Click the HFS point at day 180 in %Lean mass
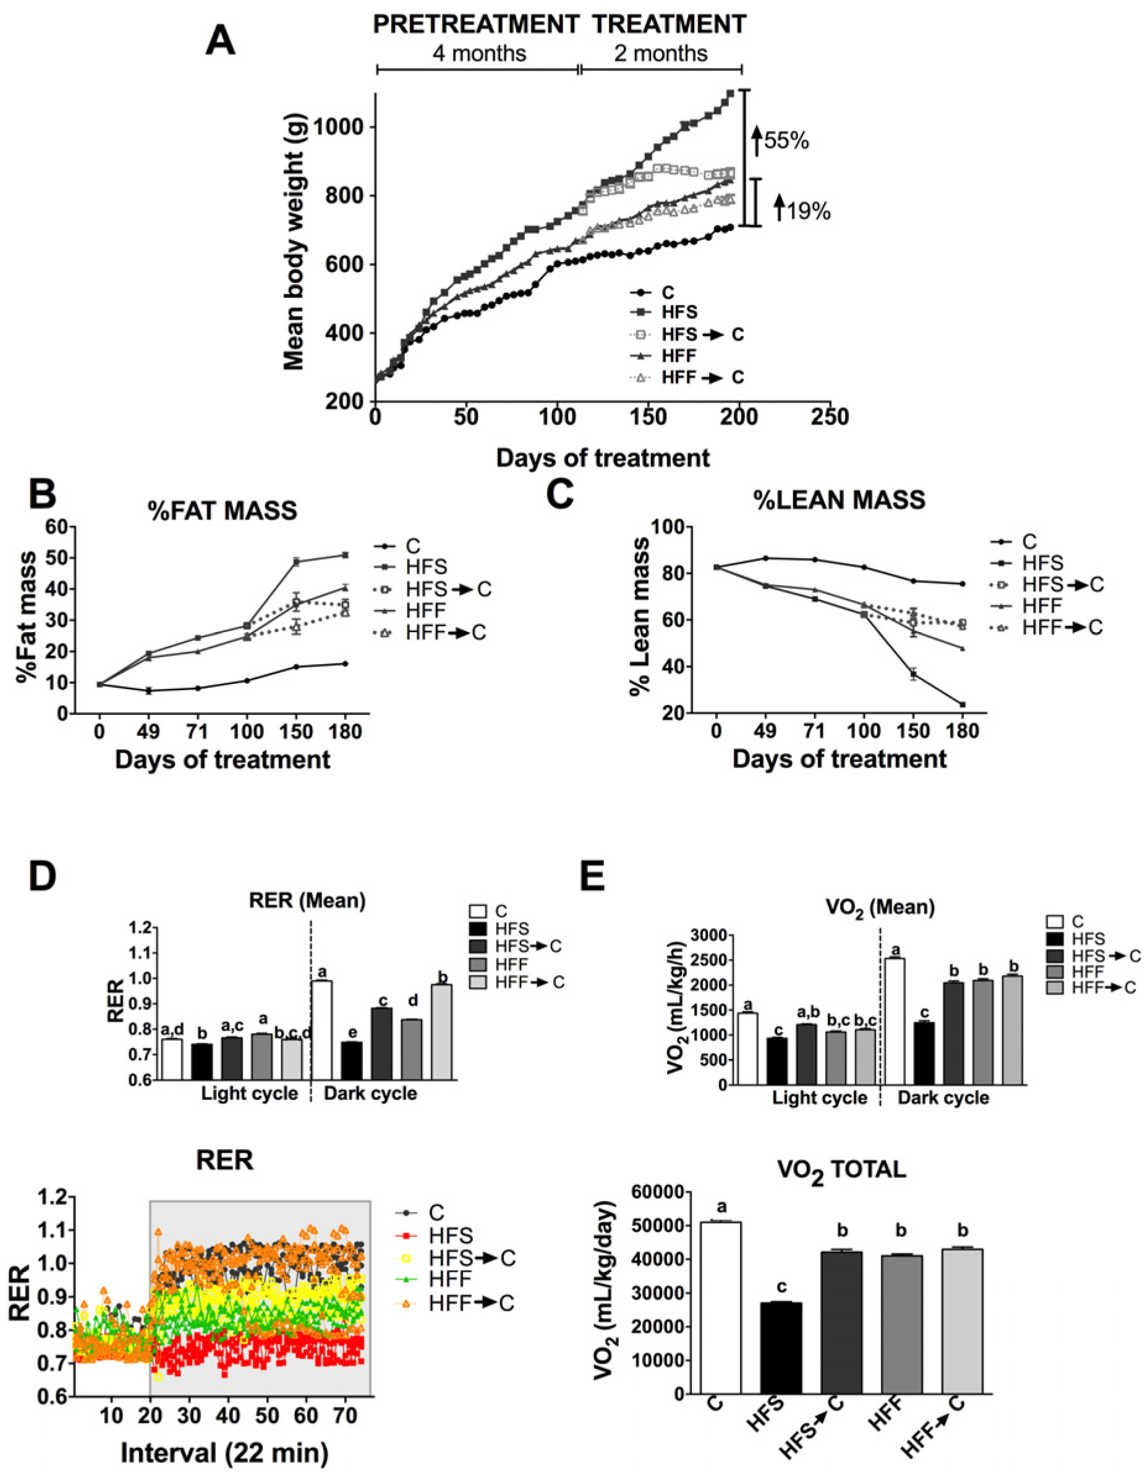[962, 704]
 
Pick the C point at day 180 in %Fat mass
[345, 664]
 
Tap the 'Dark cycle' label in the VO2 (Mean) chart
[943, 1097]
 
